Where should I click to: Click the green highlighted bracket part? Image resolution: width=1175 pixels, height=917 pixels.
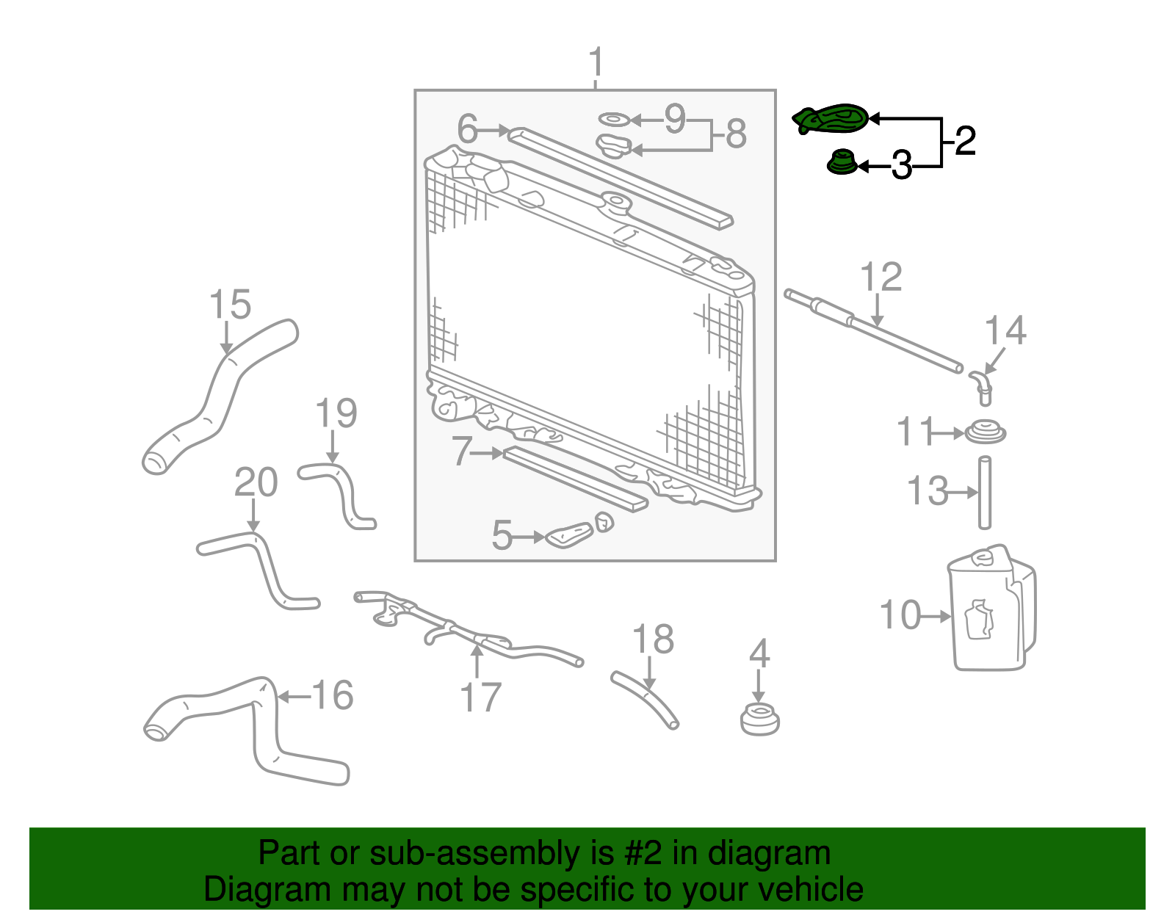[831, 119]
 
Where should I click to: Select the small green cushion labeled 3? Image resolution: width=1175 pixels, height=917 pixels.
[842, 162]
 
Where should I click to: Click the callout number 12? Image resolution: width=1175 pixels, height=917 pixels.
[881, 278]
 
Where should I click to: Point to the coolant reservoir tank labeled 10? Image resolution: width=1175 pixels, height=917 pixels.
[991, 613]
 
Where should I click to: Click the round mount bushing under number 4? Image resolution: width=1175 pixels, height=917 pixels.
[759, 718]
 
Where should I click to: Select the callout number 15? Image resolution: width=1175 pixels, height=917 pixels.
[230, 304]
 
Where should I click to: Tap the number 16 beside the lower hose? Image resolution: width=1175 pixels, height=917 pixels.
[333, 695]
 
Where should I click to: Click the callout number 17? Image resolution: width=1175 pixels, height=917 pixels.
[480, 697]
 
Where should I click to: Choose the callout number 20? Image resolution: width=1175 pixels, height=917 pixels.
[256, 482]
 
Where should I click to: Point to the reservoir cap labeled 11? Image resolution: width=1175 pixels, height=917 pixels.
[985, 432]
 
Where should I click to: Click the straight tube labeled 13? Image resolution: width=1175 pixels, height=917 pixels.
[985, 493]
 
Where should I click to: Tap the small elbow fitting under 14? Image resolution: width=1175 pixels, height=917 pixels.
[982, 386]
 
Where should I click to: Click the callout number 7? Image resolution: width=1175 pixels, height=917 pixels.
[461, 451]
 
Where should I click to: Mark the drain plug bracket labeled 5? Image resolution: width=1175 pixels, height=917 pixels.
[570, 536]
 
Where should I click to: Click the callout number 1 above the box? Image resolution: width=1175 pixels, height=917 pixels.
[596, 62]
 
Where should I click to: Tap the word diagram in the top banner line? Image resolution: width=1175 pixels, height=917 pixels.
[768, 854]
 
